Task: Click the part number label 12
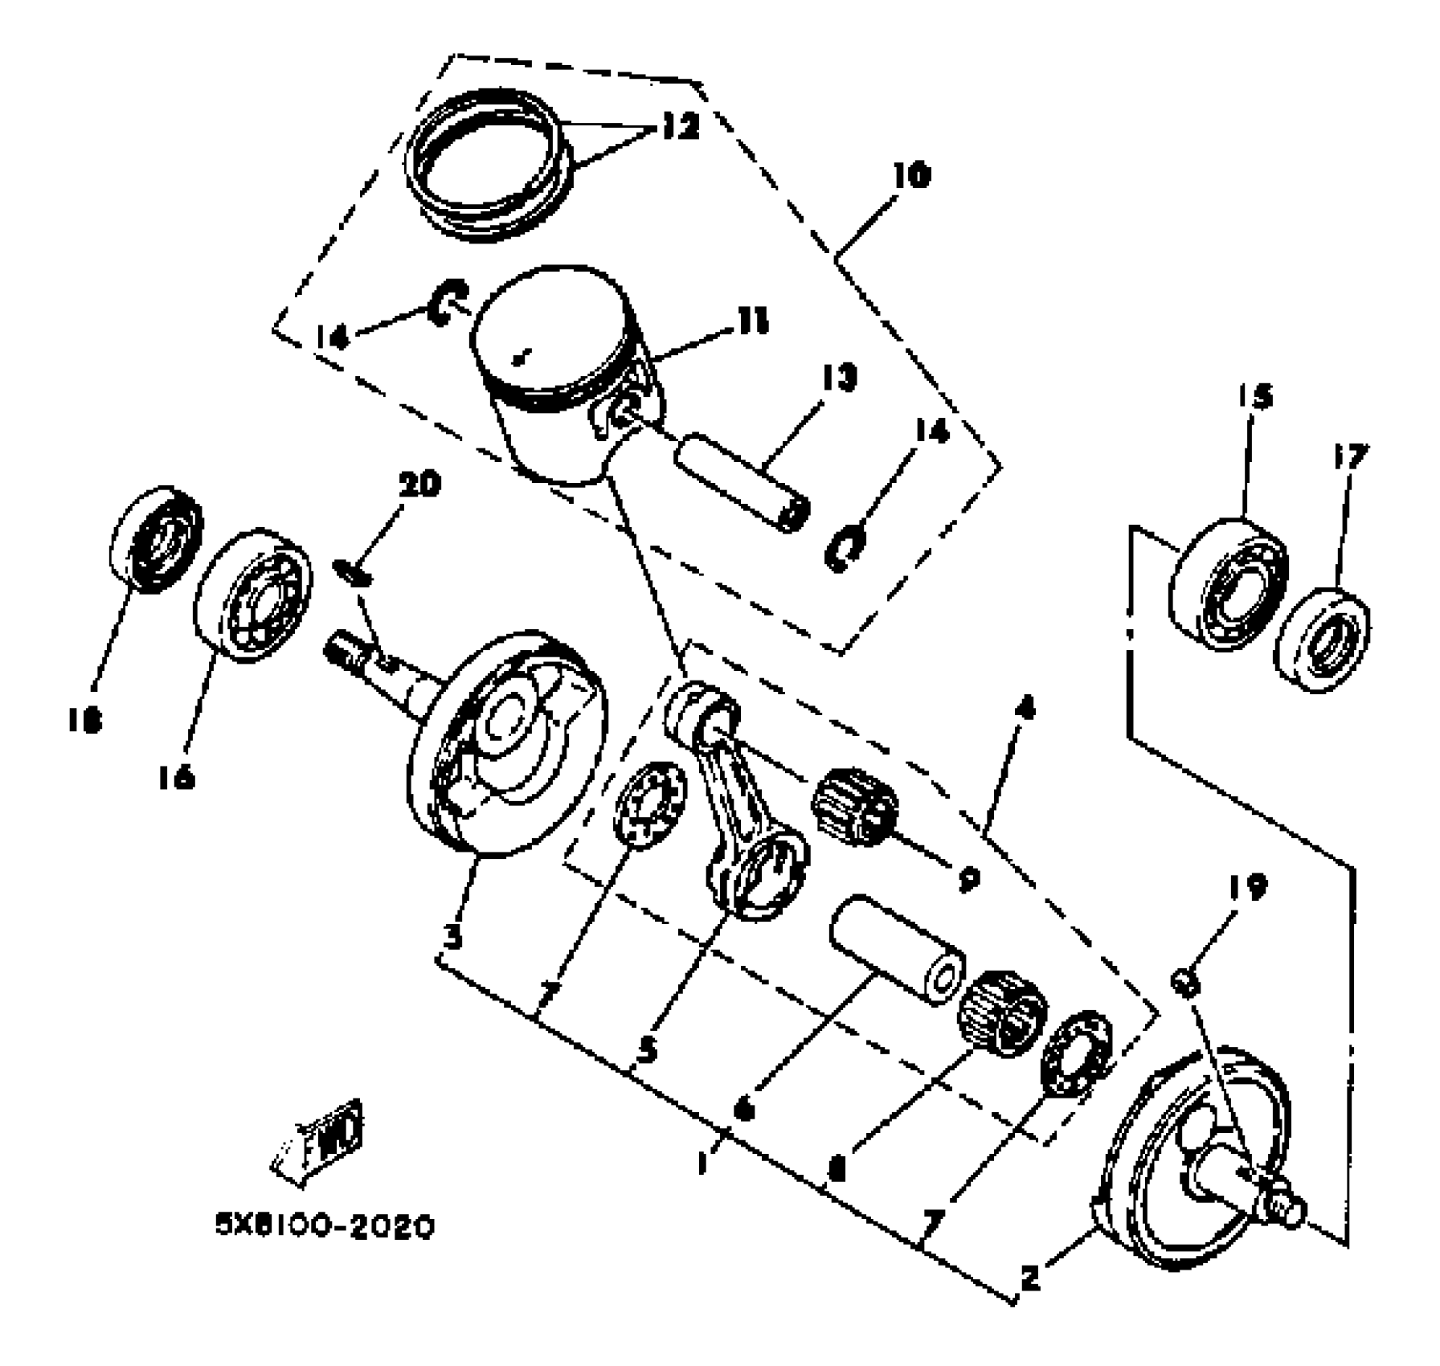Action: pyautogui.click(x=681, y=126)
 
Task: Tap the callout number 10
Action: pyautogui.click(x=910, y=174)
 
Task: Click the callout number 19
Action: pyautogui.click(x=1247, y=888)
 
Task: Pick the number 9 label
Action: pyautogui.click(x=968, y=878)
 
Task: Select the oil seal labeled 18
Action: pyautogui.click(x=155, y=538)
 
